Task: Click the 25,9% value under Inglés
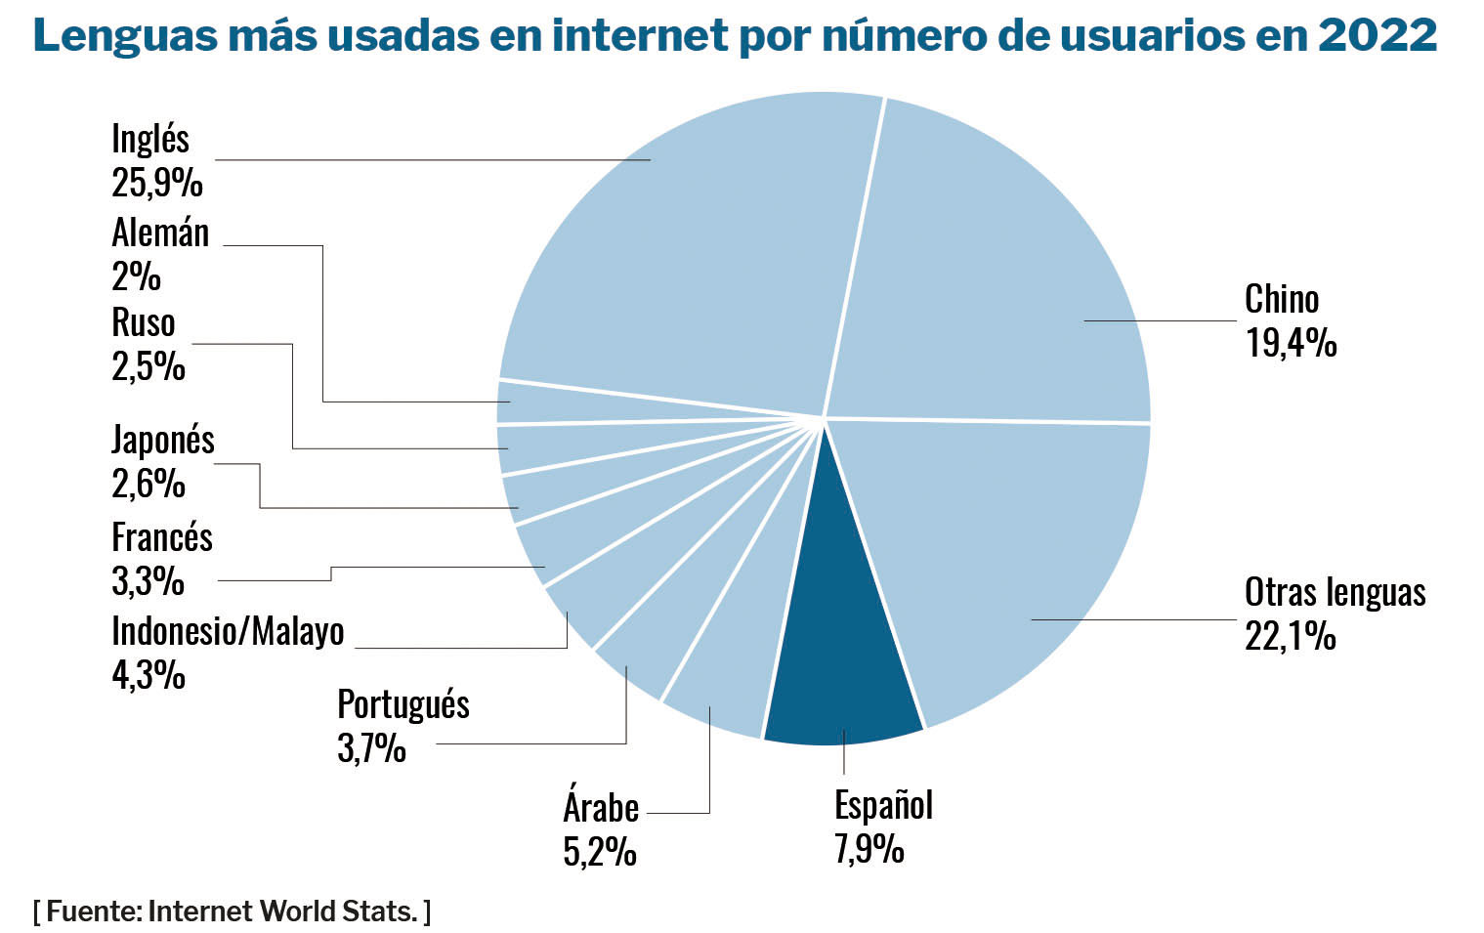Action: tap(157, 183)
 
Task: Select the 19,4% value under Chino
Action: tap(1291, 343)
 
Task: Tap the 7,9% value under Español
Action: tap(869, 848)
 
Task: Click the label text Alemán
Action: tap(160, 233)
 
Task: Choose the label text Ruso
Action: tap(144, 322)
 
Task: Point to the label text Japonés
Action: tap(163, 440)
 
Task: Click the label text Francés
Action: tap(162, 537)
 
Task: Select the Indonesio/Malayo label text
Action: tap(228, 631)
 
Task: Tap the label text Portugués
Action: tap(403, 703)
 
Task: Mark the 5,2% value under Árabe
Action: tap(600, 852)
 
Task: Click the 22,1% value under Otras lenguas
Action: tap(1291, 636)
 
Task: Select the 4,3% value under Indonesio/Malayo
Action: tap(148, 674)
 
